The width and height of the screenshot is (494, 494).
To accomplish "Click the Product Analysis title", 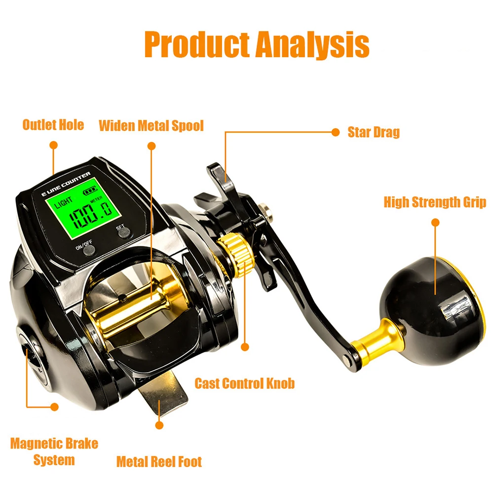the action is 257,44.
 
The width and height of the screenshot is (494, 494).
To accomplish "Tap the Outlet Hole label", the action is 53,124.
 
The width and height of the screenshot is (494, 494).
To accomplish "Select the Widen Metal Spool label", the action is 151,125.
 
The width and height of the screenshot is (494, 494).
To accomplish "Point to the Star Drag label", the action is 373,132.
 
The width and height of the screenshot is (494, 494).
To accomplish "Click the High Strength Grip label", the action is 435,202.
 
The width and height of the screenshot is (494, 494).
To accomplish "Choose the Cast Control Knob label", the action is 244,383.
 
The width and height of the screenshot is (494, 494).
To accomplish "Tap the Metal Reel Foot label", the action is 159,462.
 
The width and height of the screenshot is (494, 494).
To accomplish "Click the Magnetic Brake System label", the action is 54,452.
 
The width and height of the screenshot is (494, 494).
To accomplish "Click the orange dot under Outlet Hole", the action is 53,145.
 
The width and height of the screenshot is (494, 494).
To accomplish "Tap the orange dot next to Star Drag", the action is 336,132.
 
